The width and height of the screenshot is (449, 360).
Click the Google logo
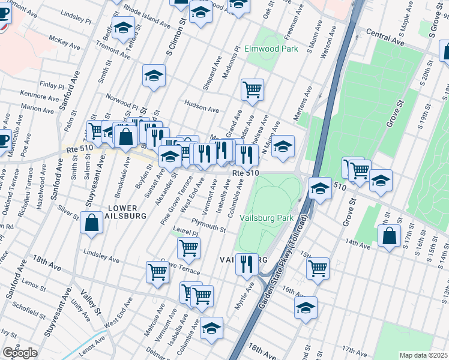click(x=19, y=353)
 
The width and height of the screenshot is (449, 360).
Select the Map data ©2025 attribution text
click(x=423, y=355)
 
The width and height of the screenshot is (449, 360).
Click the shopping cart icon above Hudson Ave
click(x=253, y=89)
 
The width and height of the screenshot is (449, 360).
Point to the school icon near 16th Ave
click(x=306, y=308)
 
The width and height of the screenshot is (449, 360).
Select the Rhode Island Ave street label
click(x=147, y=16)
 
